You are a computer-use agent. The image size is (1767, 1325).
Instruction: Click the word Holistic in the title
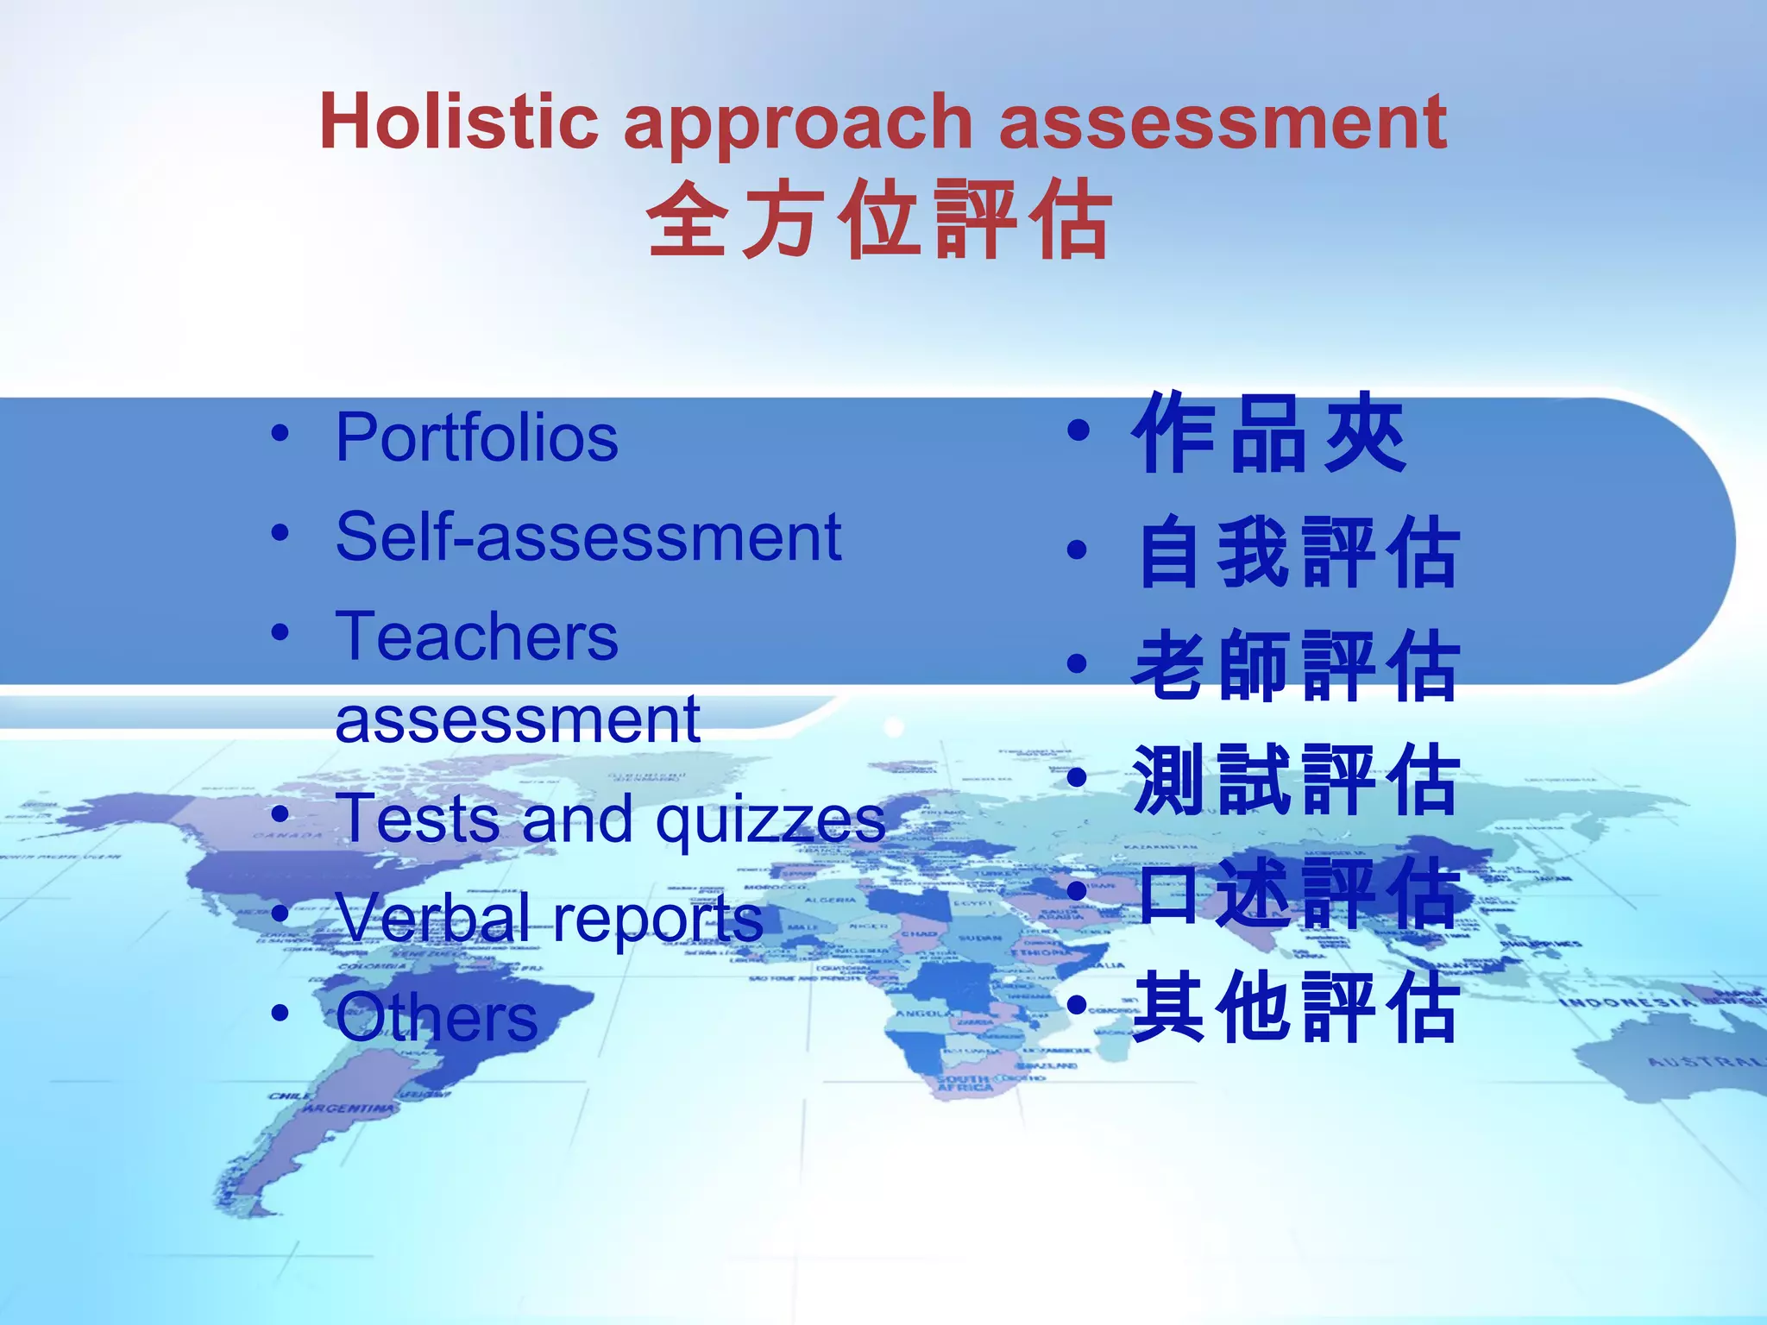click(x=458, y=122)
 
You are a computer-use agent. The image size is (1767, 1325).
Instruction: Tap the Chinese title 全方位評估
click(x=879, y=220)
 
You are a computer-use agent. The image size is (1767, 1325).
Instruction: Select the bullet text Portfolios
click(x=476, y=437)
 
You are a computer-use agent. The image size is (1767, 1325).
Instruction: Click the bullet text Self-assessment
click(x=588, y=537)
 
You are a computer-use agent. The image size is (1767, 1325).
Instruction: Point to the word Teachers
click(x=476, y=637)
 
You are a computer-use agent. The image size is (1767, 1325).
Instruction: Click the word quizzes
click(x=770, y=820)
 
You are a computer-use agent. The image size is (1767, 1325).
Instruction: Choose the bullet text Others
click(x=437, y=1018)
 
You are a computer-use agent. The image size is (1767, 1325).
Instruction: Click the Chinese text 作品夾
click(x=1269, y=434)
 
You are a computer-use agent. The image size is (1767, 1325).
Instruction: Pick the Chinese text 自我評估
click(x=1298, y=552)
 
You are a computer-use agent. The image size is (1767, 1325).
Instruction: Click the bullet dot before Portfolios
click(x=280, y=434)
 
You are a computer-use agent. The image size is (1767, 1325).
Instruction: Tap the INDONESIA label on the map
click(x=1626, y=1003)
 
